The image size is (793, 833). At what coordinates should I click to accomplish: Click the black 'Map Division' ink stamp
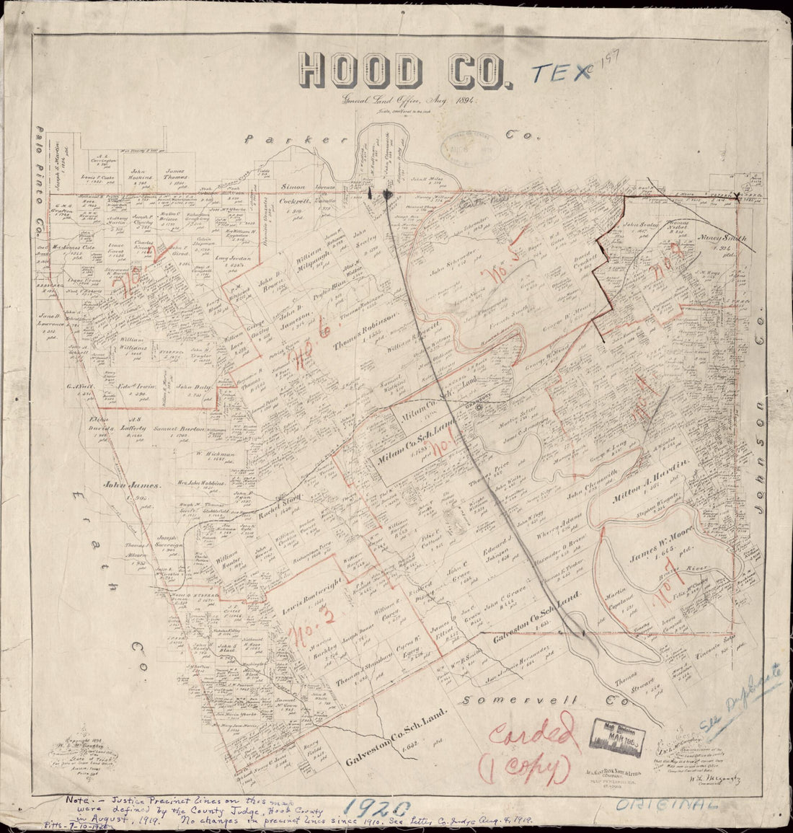click(x=618, y=735)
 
